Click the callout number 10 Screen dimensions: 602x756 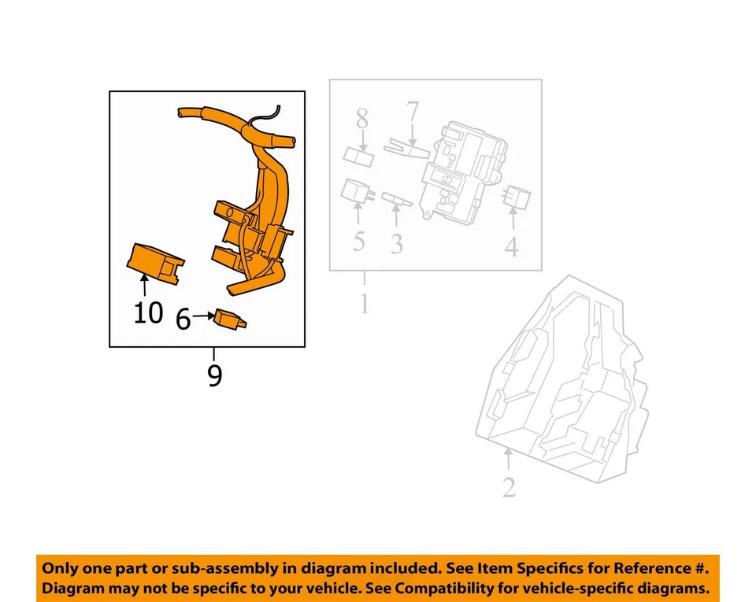[x=148, y=312]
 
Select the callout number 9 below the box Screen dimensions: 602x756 [x=214, y=376]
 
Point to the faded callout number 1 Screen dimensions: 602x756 [x=364, y=303]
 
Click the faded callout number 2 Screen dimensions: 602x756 [x=509, y=487]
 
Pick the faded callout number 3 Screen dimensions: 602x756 [x=396, y=244]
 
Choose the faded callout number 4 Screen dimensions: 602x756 [x=511, y=247]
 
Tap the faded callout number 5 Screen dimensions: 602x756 [x=358, y=241]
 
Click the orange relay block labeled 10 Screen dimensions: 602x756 [x=155, y=260]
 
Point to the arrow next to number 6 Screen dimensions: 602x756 [x=202, y=317]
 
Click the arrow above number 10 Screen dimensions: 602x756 [x=144, y=284]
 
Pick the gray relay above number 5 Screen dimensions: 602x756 [x=357, y=190]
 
